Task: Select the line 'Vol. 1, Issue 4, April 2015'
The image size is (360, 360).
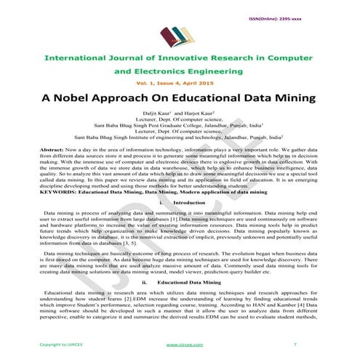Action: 180,84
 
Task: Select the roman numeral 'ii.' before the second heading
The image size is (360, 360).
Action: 144,260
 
